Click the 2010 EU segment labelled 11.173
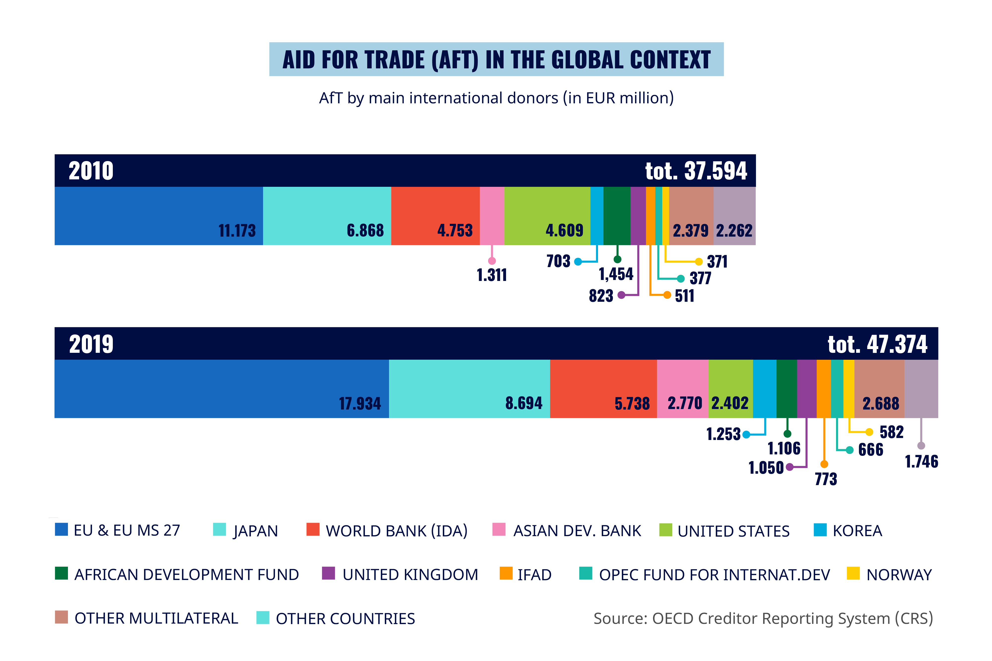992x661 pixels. click(159, 216)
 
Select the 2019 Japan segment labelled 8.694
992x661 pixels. click(469, 389)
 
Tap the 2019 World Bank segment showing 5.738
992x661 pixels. click(603, 389)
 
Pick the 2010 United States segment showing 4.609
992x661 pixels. click(547, 216)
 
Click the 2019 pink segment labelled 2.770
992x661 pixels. click(682, 389)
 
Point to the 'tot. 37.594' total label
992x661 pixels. click(696, 171)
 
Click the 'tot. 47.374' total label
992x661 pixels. click(877, 344)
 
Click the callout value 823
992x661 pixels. click(601, 296)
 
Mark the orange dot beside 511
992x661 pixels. click(667, 295)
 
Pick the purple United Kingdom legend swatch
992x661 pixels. click(328, 573)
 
